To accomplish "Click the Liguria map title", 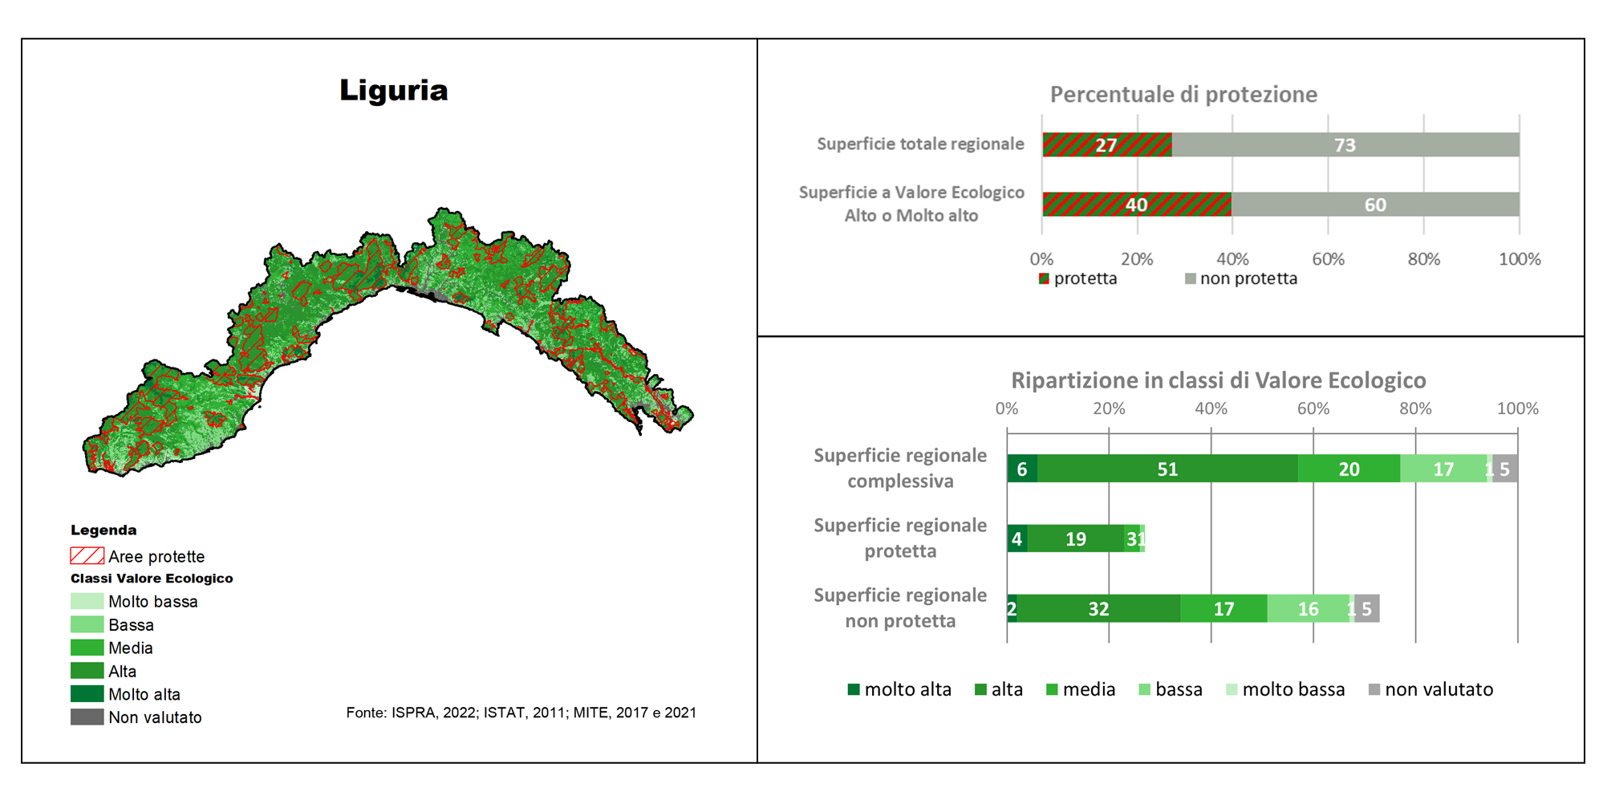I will [x=393, y=90].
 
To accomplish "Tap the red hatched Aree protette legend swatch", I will [x=87, y=555].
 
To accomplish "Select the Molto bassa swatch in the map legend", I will [x=87, y=601].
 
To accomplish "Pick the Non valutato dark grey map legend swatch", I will [x=87, y=717].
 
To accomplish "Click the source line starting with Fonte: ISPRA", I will [x=521, y=713].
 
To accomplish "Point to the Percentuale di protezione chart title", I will [x=1183, y=95].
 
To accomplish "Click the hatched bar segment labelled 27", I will [x=1106, y=145].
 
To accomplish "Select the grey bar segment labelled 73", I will [x=1345, y=145].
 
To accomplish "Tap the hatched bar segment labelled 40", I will [x=1136, y=205].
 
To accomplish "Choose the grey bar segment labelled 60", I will [x=1375, y=205].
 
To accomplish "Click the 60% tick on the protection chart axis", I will [x=1328, y=259].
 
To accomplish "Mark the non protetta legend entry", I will [x=1240, y=278].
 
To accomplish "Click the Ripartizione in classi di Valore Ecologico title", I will [x=1218, y=380].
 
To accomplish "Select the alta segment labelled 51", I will [x=1167, y=469].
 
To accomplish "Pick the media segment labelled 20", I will [x=1349, y=469].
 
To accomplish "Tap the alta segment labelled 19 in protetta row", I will [x=1076, y=539].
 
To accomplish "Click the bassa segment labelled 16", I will [x=1308, y=609].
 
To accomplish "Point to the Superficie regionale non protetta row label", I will [x=900, y=607].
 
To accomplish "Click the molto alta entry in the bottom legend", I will [x=899, y=689].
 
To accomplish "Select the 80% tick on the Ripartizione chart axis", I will [x=1414, y=408].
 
